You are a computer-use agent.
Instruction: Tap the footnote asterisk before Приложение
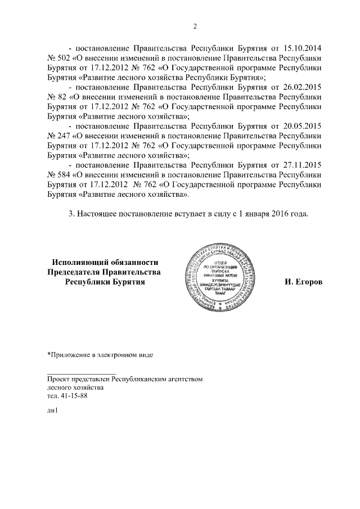[x=49, y=354]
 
